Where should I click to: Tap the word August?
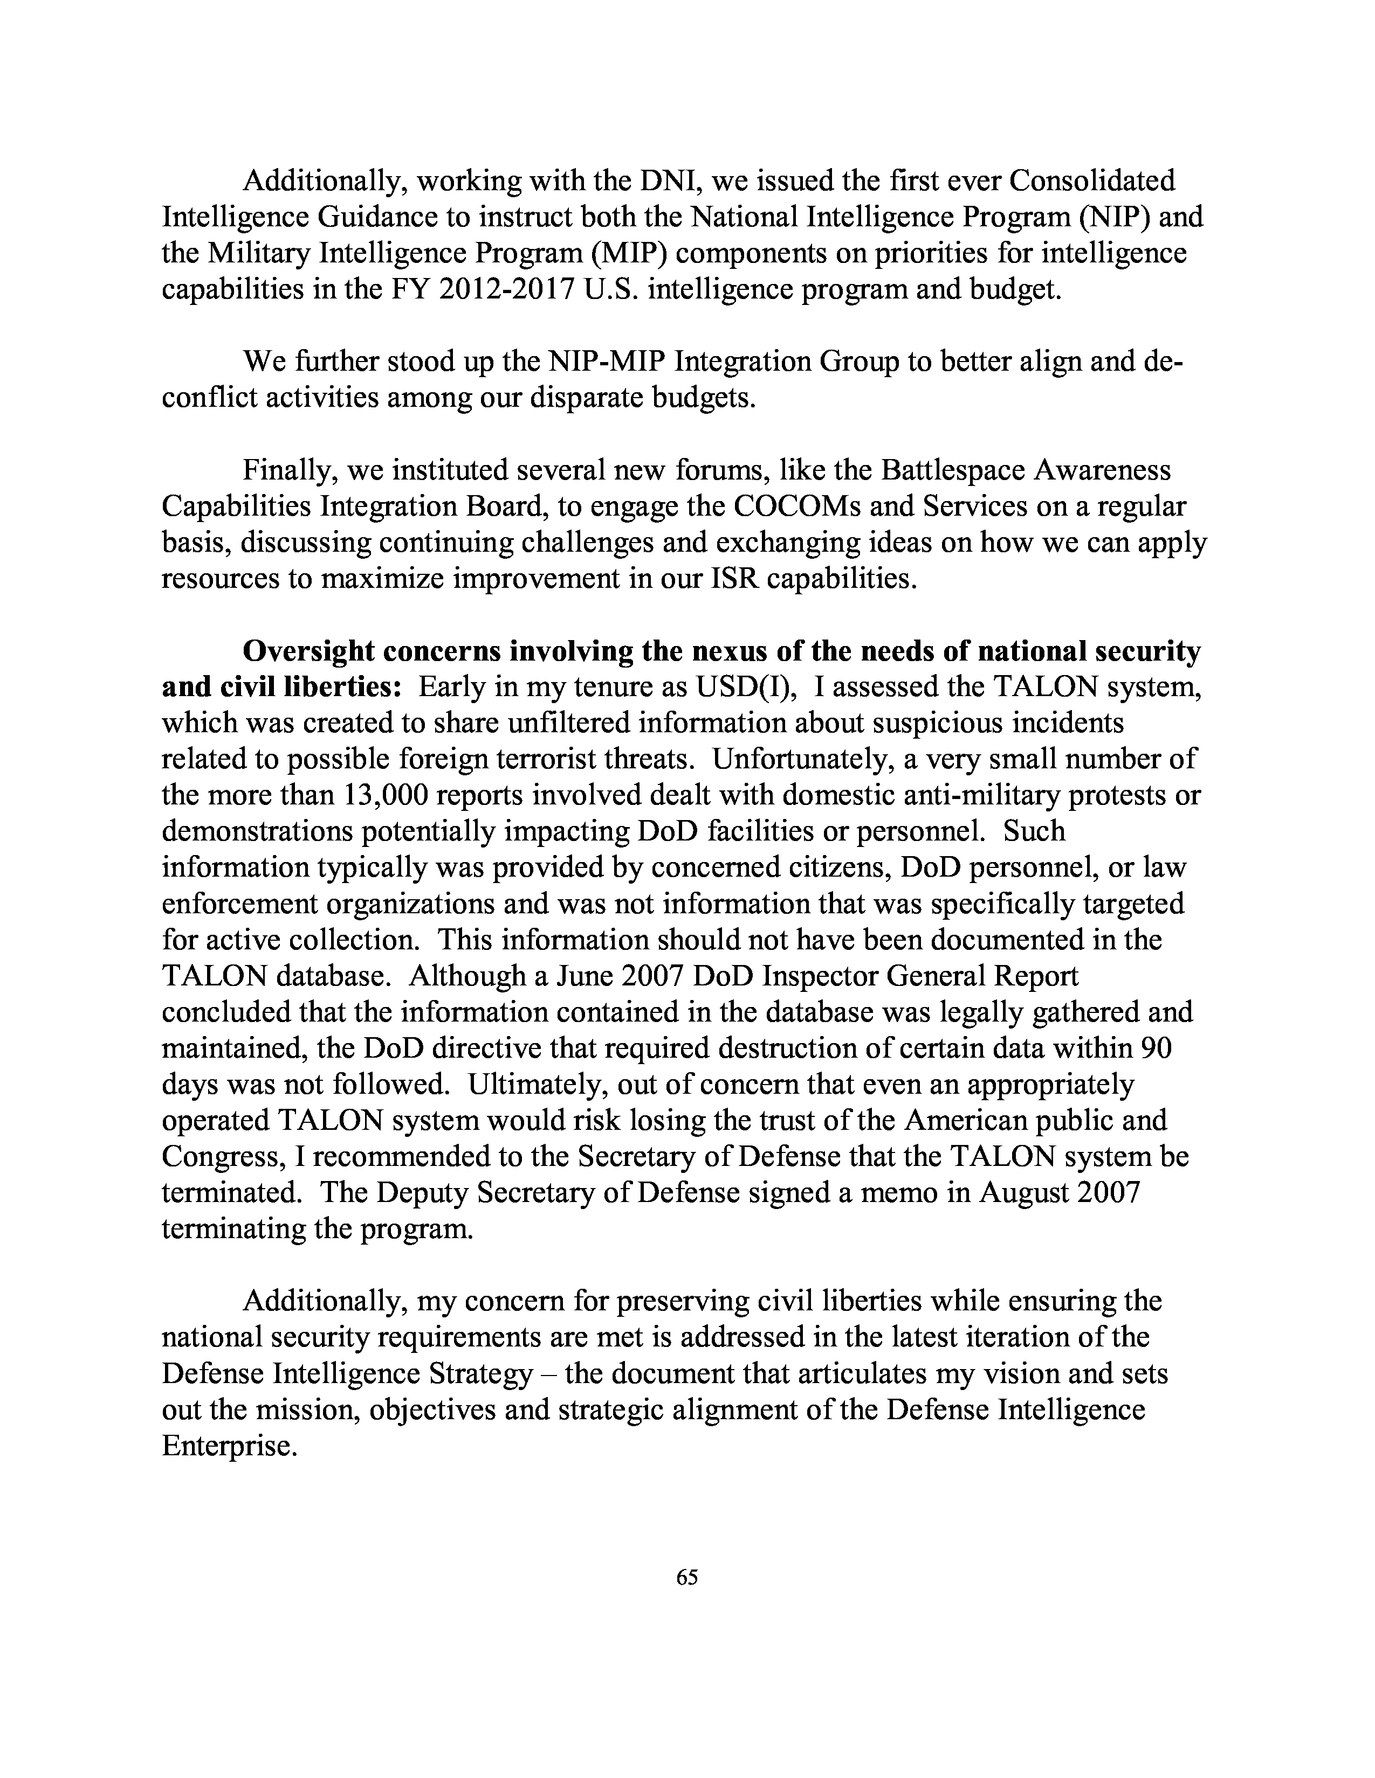pos(1024,1192)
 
